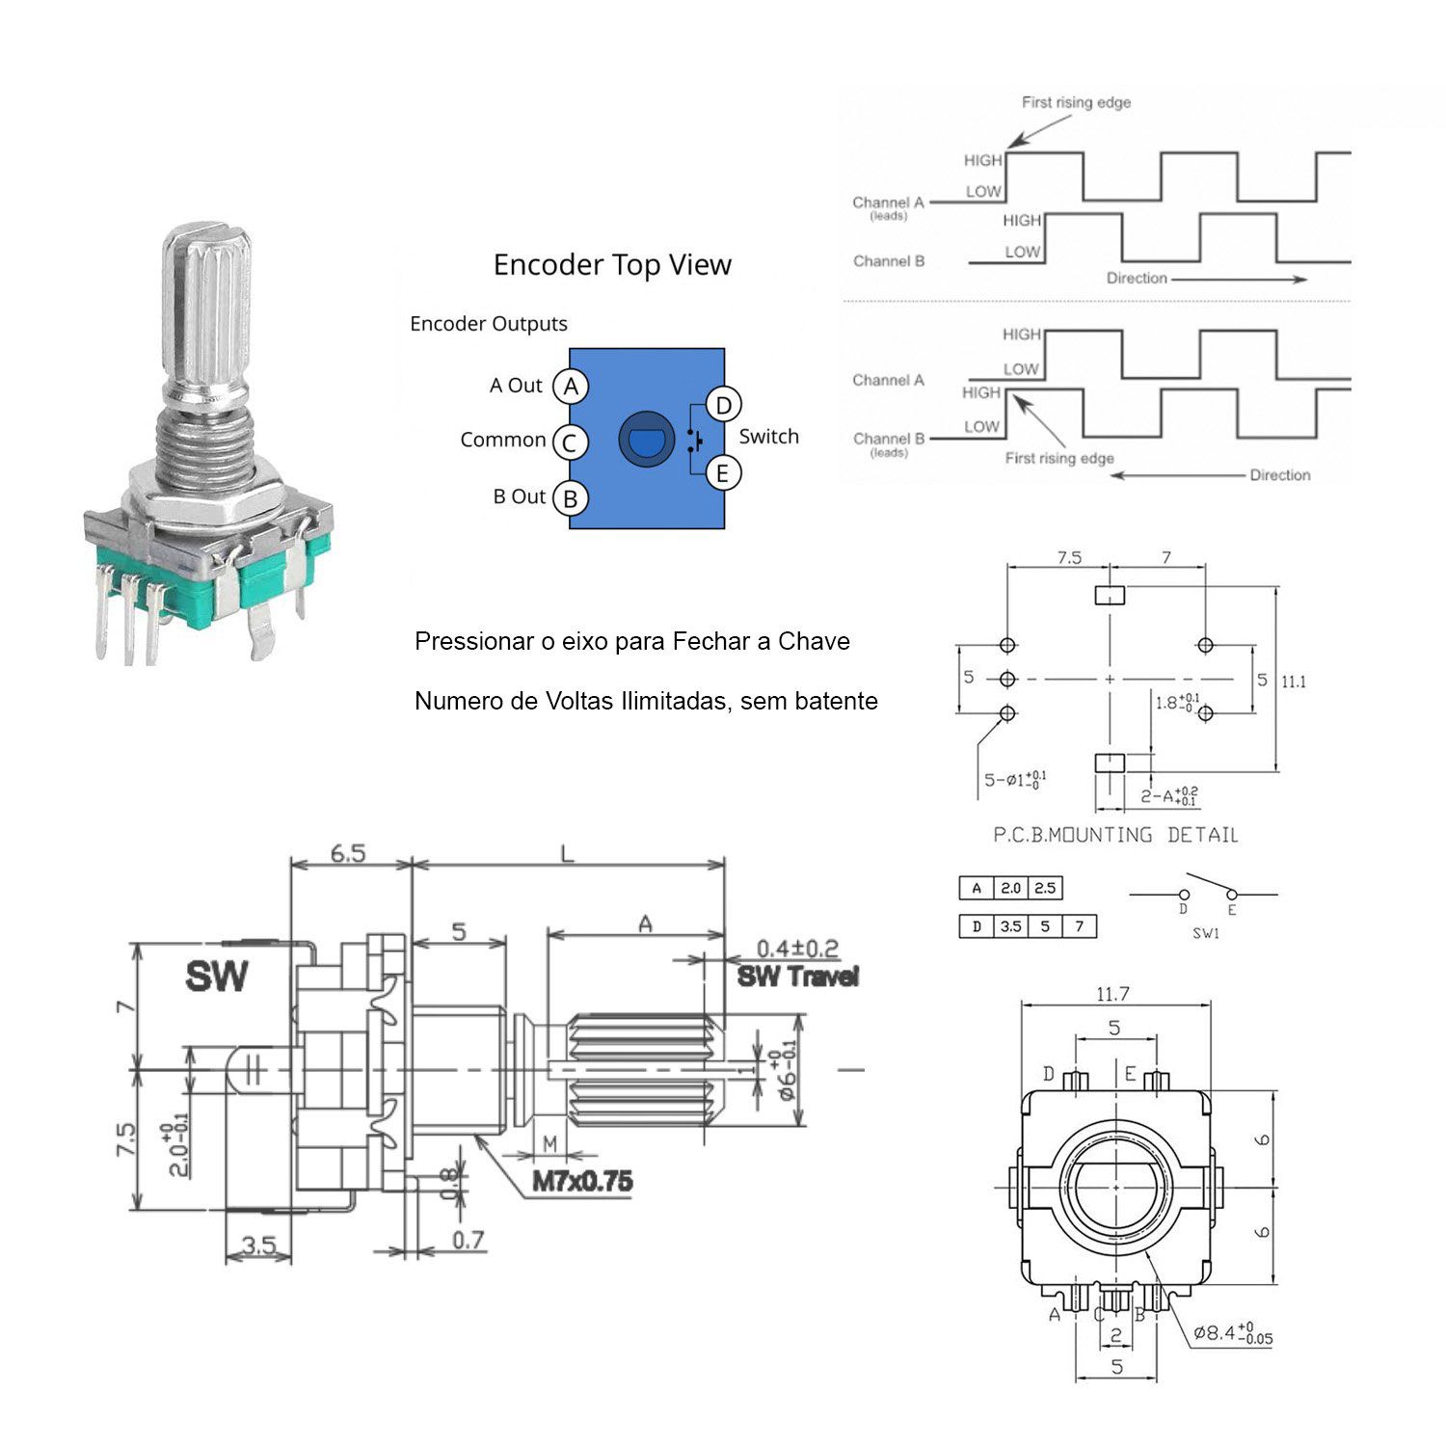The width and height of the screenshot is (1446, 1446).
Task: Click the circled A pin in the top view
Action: [571, 387]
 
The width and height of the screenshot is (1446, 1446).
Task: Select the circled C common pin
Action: [570, 442]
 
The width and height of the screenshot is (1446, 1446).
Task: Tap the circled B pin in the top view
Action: [571, 498]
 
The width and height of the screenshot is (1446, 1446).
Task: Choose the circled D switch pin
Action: [723, 405]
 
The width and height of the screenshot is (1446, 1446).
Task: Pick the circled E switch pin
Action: [723, 473]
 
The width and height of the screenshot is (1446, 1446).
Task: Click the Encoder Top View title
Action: [612, 265]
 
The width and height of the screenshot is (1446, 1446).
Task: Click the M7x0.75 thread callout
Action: [582, 1181]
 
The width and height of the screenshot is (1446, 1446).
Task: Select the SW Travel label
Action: [797, 977]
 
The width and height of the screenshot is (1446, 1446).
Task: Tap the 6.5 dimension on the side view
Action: [348, 853]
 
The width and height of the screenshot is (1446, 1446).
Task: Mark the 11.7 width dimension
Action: [1112, 993]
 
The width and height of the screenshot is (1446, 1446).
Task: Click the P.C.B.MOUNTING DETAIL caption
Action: [1115, 835]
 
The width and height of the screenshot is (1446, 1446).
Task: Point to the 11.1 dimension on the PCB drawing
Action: [1294, 682]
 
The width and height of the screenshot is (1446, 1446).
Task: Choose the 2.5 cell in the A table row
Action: [1045, 888]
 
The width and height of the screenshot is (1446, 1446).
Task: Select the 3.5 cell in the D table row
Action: [1010, 926]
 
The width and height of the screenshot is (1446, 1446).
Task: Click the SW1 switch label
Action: [1206, 933]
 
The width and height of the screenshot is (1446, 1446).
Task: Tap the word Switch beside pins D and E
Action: [768, 437]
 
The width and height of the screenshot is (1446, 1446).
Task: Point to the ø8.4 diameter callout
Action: [1232, 1334]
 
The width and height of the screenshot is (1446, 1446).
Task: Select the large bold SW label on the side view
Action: [216, 977]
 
